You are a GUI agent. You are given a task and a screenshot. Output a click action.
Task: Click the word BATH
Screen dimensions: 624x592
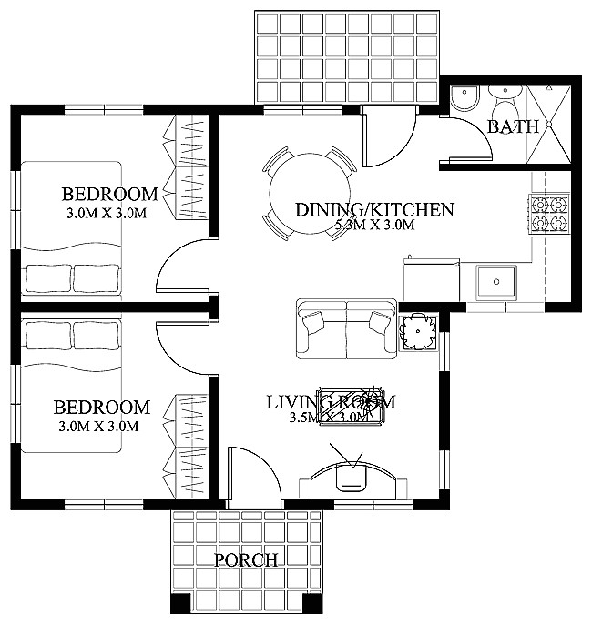point(513,126)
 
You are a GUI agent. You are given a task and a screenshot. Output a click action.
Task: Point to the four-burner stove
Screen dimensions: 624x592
point(550,214)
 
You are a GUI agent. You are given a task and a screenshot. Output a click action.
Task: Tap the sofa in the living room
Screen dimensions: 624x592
point(346,327)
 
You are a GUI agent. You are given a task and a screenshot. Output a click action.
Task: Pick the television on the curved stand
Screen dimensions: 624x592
point(351,478)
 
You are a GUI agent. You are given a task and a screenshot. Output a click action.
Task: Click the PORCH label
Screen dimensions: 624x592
point(245,559)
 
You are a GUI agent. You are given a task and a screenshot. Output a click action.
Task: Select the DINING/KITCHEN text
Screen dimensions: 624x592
point(373,210)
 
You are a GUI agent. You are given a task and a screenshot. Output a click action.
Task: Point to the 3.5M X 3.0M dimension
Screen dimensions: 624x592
point(328,418)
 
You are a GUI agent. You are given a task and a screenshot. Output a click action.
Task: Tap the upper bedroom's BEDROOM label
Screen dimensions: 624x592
point(109,194)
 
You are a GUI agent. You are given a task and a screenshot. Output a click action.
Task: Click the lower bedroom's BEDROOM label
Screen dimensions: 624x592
point(101,408)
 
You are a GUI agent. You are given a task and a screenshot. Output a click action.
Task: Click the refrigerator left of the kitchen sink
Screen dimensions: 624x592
point(431,279)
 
